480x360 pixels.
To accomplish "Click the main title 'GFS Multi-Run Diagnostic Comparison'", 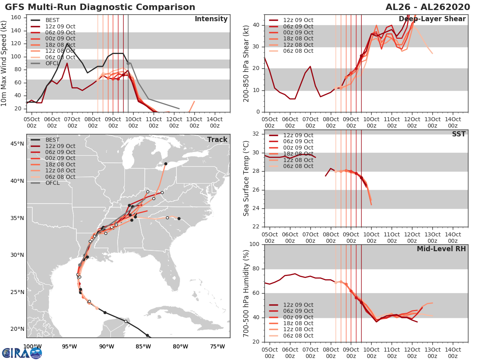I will [100, 7].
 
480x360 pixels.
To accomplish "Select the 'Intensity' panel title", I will [211, 19].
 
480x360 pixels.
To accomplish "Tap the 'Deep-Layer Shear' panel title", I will [432, 19].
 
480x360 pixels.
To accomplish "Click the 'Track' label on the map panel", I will [217, 140].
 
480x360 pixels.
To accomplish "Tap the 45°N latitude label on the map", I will [17, 144].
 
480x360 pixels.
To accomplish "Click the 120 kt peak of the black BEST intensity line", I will [67, 44].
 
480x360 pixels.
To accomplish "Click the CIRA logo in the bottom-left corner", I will [22, 353].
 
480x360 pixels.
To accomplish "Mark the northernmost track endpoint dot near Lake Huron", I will [166, 164].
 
